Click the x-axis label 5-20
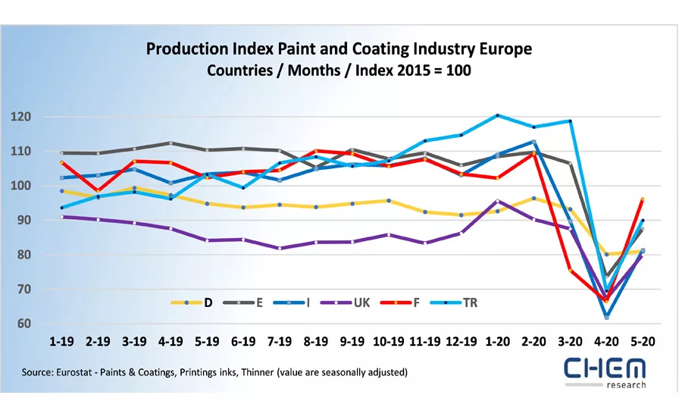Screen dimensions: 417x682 [x=643, y=343]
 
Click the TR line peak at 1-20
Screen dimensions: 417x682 [x=498, y=115]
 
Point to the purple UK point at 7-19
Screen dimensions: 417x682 [x=280, y=248]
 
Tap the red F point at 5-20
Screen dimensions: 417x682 [x=643, y=199]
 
